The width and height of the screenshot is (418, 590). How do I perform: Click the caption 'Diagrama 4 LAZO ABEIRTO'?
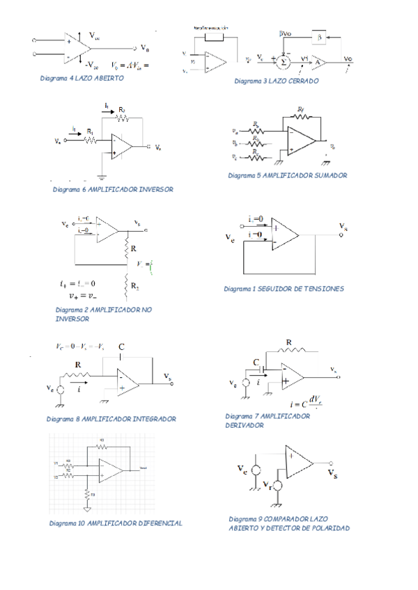82,79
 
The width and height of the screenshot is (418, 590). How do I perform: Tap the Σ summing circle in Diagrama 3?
284,61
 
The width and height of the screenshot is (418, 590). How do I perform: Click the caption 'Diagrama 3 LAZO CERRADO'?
277,81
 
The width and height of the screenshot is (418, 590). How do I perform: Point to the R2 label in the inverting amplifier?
122,110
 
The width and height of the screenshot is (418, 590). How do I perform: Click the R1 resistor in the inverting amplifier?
89,139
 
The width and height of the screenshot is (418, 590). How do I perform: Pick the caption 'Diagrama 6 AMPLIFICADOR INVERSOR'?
113,189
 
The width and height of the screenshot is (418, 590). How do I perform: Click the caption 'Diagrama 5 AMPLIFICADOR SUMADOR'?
288,176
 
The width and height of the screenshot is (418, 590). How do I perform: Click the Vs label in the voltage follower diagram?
344,226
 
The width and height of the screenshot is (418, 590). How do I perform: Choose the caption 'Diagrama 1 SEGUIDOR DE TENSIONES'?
284,289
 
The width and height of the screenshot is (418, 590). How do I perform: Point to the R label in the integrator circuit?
77,364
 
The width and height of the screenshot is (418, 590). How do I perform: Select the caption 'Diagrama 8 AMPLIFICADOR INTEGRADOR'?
111,420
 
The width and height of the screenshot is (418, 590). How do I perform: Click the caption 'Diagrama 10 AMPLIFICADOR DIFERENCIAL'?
116,523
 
